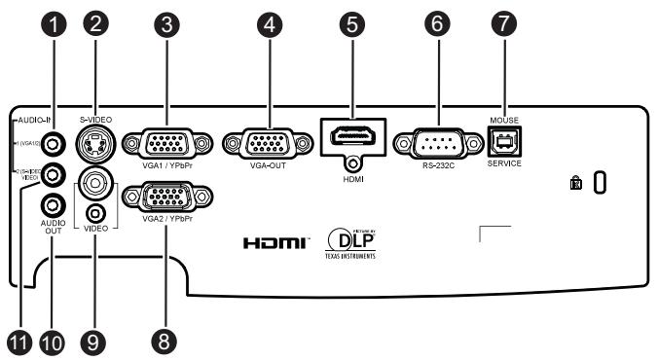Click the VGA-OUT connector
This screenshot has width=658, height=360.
pyautogui.click(x=257, y=144)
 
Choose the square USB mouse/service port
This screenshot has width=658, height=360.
pyautogui.click(x=505, y=142)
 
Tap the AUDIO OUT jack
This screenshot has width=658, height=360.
pyautogui.click(x=53, y=205)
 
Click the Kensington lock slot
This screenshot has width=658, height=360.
pyautogui.click(x=600, y=181)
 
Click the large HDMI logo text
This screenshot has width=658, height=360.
pyautogui.click(x=275, y=240)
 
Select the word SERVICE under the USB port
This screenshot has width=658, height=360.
pyautogui.click(x=505, y=163)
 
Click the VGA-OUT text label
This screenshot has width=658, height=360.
pyautogui.click(x=257, y=165)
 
